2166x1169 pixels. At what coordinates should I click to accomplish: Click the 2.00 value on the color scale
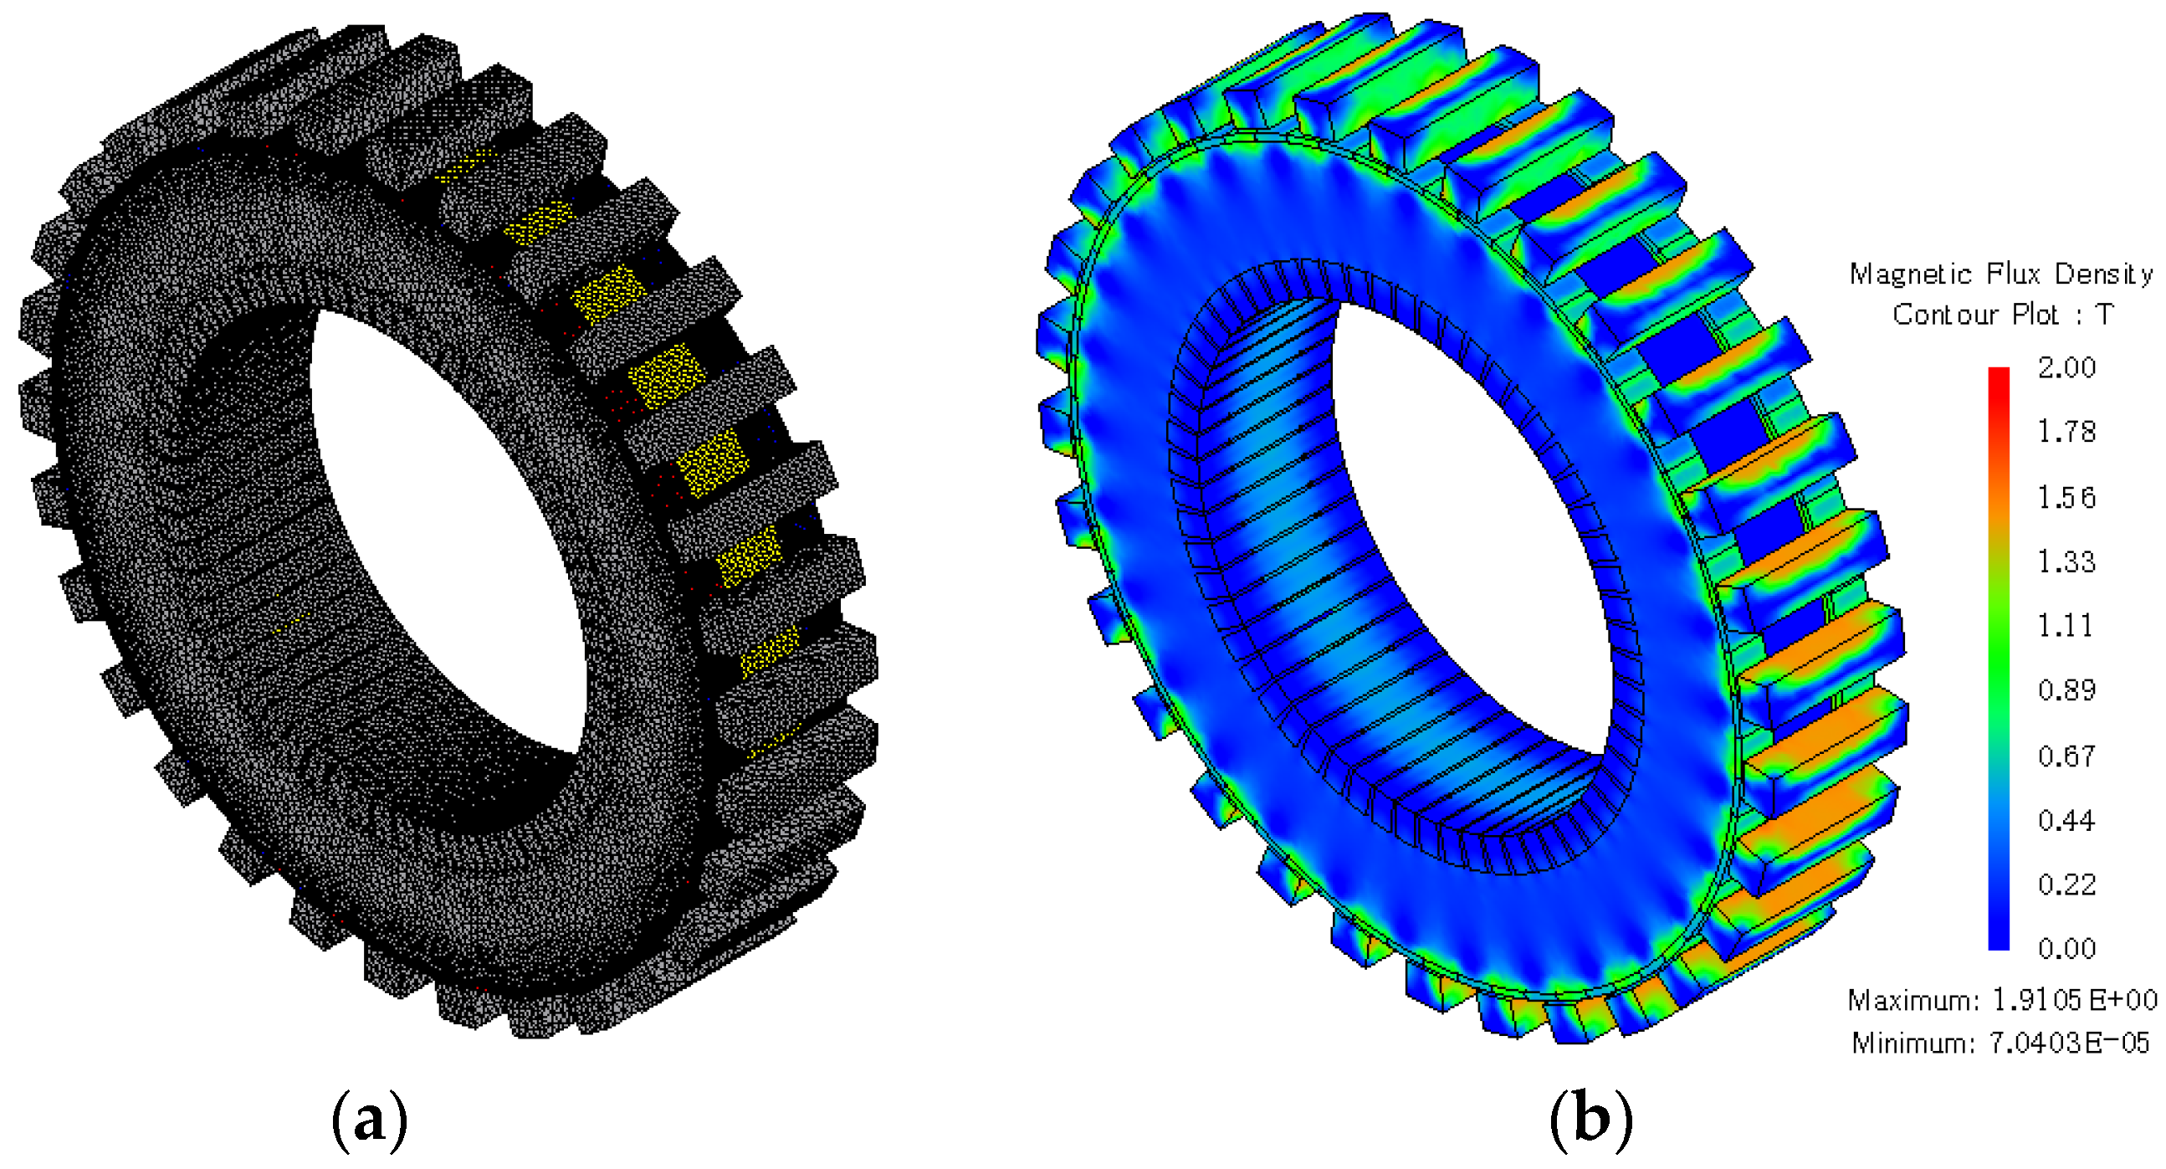click(x=2066, y=367)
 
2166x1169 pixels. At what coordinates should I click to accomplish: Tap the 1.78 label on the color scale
click(x=2066, y=433)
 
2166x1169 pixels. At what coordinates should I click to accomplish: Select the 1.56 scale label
click(x=2066, y=497)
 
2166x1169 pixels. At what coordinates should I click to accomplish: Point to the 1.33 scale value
click(x=2066, y=561)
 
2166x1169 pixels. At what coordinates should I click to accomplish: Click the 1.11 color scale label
click(x=2066, y=626)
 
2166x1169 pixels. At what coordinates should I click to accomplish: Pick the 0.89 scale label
click(x=2066, y=690)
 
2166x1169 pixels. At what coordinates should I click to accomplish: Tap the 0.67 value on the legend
click(x=2066, y=756)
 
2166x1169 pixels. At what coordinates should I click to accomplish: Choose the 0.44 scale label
click(x=2066, y=820)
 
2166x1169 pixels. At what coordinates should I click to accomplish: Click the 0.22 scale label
click(x=2066, y=884)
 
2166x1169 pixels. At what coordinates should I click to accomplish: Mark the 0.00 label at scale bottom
click(x=2066, y=949)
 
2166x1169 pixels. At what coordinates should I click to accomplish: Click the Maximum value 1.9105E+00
click(x=2074, y=1000)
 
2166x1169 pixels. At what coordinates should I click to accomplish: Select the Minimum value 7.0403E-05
click(x=2069, y=1043)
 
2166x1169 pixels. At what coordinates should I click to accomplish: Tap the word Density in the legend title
click(x=2103, y=274)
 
